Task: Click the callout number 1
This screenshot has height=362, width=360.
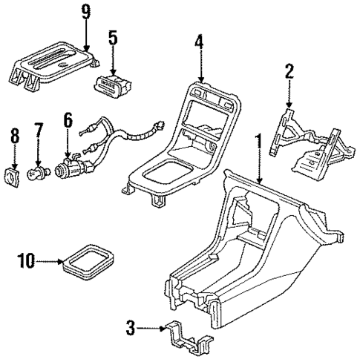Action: point(258,139)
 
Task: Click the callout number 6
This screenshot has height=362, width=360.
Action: point(68,118)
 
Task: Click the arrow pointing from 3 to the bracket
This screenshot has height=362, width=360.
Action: point(150,326)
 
